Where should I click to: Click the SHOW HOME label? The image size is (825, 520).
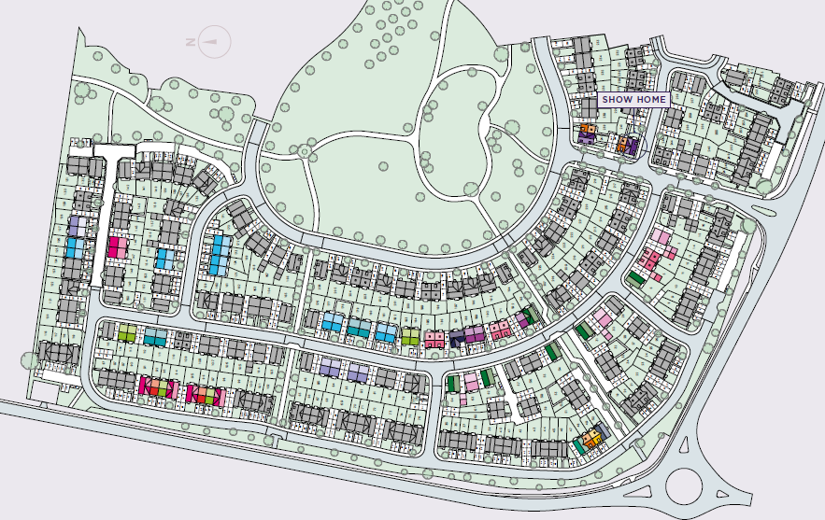pos(633,99)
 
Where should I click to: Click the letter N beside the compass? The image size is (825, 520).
pos(191,42)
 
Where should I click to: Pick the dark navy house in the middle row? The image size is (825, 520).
pos(458,337)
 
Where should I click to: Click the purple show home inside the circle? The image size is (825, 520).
pos(631,146)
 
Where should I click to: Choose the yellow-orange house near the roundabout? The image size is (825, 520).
pos(591,437)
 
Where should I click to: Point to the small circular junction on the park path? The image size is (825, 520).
pos(304,151)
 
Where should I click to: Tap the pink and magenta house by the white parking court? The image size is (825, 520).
pos(118,247)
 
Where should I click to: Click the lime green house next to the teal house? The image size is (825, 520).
pos(127,333)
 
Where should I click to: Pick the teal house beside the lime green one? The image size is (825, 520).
pos(155,336)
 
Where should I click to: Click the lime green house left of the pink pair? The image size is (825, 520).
pos(410,336)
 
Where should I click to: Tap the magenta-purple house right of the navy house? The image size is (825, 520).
pos(476,334)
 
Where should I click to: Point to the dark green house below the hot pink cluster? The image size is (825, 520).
pos(635,278)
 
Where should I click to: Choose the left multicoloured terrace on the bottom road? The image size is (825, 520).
pos(157,386)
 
